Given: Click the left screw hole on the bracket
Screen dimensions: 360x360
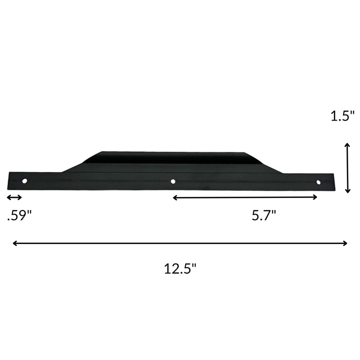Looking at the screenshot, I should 25,181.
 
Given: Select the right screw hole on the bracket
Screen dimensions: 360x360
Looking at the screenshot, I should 319,182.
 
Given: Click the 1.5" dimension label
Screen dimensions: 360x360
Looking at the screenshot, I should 343,117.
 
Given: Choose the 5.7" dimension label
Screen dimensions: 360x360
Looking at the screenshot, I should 263,216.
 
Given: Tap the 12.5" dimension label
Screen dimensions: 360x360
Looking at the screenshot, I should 180,269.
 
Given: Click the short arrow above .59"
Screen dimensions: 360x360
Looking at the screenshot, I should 14,198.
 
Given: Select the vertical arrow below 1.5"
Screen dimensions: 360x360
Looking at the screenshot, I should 347,167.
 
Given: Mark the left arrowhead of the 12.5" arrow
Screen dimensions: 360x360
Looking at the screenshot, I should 15,243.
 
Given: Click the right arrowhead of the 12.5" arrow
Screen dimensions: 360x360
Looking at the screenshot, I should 345,243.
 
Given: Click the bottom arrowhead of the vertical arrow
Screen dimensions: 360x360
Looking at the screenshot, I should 347,190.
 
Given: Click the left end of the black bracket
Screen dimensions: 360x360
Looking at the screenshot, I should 10,181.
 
